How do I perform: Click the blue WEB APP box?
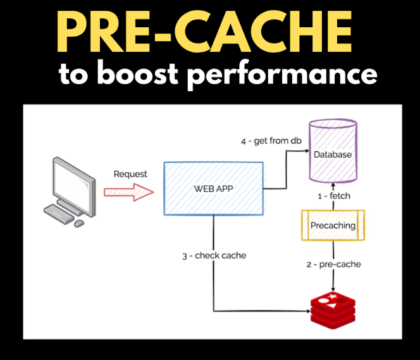[x=213, y=188]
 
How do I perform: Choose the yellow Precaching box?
[x=333, y=225]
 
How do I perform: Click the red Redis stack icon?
[x=333, y=310]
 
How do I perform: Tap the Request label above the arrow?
[x=130, y=173]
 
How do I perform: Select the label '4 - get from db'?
[x=271, y=140]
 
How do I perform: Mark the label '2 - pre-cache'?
[x=333, y=264]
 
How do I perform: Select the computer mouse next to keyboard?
[x=79, y=223]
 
